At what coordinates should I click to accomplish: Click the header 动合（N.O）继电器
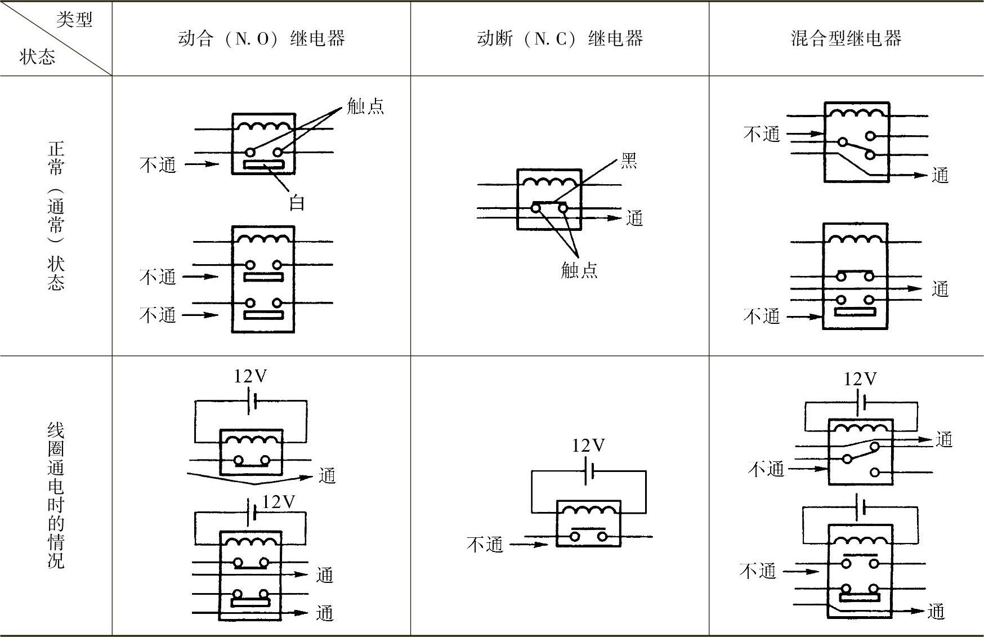point(261,38)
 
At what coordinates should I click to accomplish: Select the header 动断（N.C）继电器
point(560,38)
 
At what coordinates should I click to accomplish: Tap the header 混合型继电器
point(846,38)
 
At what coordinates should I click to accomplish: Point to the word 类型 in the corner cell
point(74,20)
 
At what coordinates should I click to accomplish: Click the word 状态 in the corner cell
point(37,57)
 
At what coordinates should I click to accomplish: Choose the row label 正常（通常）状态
point(56,216)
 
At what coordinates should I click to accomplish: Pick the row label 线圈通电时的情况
point(56,496)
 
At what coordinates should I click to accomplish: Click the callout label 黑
point(629,161)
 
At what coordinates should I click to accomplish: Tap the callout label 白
point(297,202)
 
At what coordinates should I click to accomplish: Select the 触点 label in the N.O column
point(365,106)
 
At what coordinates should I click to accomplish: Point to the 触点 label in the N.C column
point(579,270)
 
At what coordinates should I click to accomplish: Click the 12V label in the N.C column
point(588,446)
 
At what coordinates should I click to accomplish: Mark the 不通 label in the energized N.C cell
point(485,544)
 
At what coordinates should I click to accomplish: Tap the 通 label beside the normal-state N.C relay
point(634,218)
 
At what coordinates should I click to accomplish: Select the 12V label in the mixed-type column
point(860,379)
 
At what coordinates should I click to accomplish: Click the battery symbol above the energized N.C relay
point(589,471)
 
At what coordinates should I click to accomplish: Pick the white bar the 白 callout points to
point(264,165)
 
